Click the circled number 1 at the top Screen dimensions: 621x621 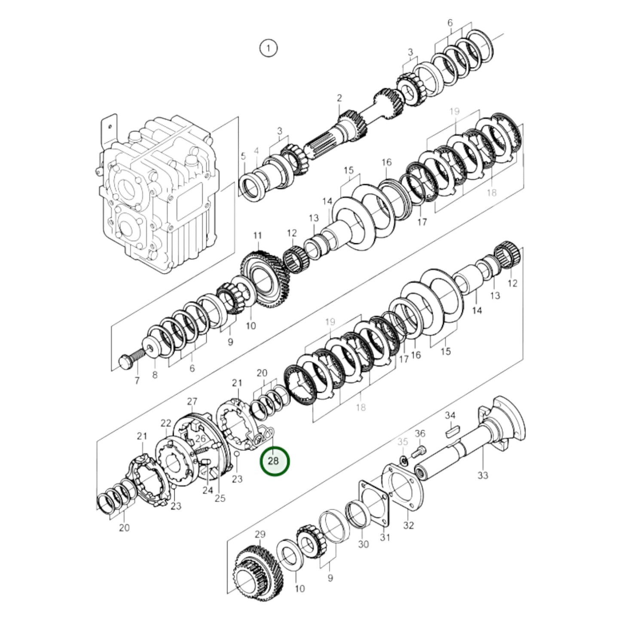[x=268, y=48]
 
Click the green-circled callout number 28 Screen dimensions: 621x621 [x=273, y=461]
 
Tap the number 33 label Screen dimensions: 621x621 [x=483, y=475]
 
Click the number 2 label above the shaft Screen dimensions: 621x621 [x=339, y=98]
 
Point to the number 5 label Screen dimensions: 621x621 [x=243, y=156]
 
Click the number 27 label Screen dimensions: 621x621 [x=192, y=401]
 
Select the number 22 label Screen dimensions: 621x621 [x=166, y=423]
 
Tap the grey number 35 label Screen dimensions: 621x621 [x=402, y=441]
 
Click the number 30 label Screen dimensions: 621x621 [x=364, y=544]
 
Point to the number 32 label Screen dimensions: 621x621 [x=408, y=525]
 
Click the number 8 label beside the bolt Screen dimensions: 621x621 [x=155, y=375]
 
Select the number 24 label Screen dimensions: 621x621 [x=208, y=490]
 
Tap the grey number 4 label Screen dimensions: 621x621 [x=257, y=150]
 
